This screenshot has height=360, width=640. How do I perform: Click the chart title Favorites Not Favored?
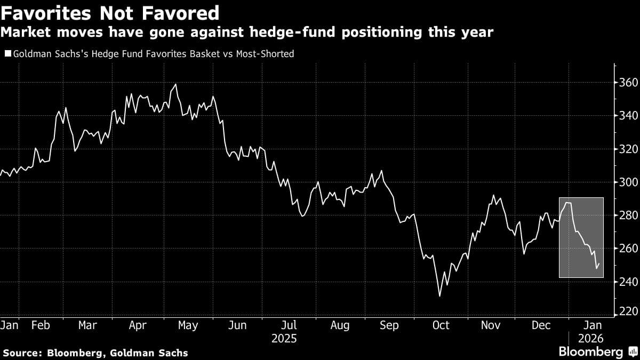click(109, 12)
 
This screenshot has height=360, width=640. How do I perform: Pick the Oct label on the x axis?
click(441, 325)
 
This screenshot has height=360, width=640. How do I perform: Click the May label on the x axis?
click(188, 325)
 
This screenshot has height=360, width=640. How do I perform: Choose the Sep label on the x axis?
click(389, 325)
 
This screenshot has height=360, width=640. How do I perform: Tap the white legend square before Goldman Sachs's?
click(7, 54)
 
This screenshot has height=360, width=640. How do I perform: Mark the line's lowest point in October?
click(440, 296)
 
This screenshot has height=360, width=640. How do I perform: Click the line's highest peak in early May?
click(175, 84)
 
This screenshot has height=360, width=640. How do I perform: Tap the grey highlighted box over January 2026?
click(581, 237)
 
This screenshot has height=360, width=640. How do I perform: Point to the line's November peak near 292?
click(494, 195)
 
